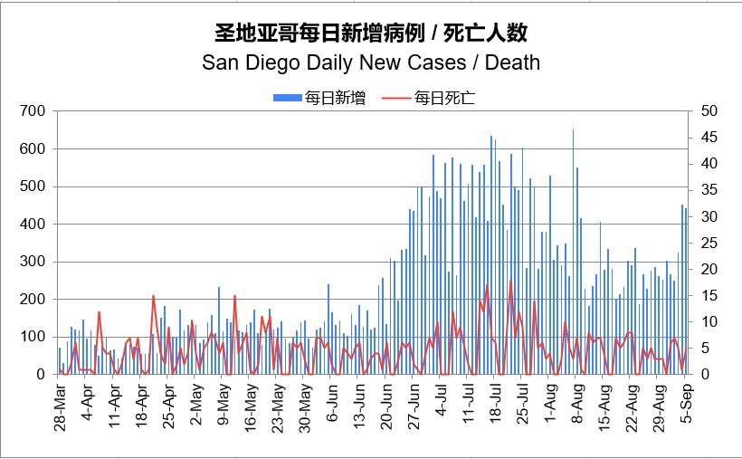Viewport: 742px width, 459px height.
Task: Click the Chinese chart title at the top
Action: pyautogui.click(x=370, y=33)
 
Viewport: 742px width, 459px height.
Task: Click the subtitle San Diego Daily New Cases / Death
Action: pyautogui.click(x=370, y=62)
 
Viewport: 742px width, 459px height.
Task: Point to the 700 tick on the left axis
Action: pyautogui.click(x=33, y=111)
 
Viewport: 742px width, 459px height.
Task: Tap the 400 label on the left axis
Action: pyautogui.click(x=33, y=224)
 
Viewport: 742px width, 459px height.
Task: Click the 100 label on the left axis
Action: pyautogui.click(x=33, y=337)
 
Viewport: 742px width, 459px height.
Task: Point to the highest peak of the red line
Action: pyautogui.click(x=510, y=281)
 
